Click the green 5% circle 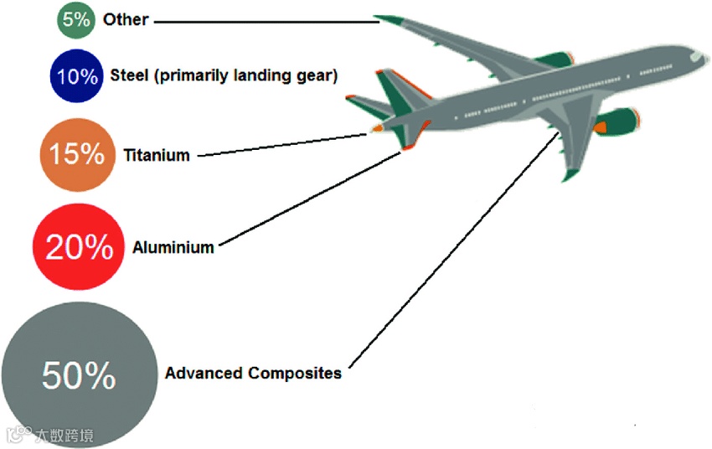[x=76, y=20]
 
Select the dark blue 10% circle [x=76, y=76]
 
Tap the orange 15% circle [x=76, y=155]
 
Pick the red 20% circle [x=79, y=246]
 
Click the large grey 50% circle [x=79, y=376]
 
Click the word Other [x=126, y=19]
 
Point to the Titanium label [x=157, y=155]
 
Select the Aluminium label [x=173, y=247]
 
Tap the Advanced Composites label [x=253, y=373]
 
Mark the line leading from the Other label [x=268, y=20]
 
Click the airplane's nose [x=699, y=57]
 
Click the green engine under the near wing [x=616, y=121]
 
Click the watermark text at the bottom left [x=64, y=436]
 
